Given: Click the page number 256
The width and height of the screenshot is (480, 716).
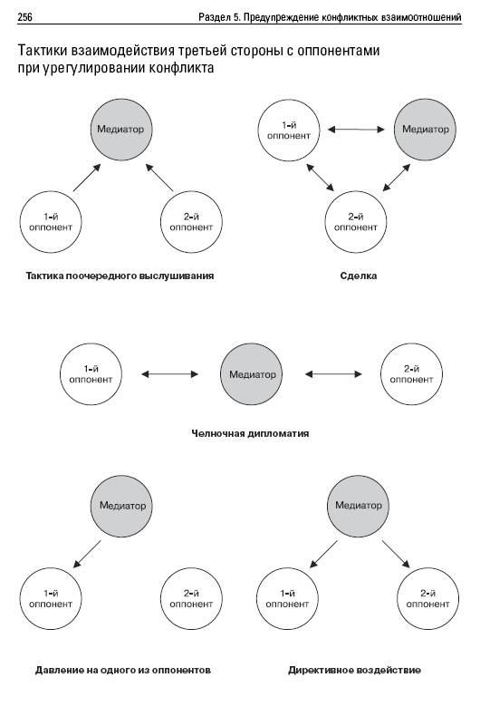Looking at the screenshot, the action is click(24, 18).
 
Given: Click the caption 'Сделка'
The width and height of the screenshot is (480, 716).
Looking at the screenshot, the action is click(358, 276).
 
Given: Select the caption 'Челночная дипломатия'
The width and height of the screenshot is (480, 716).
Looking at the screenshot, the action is click(250, 433).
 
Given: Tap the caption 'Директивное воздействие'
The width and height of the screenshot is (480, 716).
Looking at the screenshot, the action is click(354, 671).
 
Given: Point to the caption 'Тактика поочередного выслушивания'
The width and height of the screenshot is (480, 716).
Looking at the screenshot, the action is click(120, 276).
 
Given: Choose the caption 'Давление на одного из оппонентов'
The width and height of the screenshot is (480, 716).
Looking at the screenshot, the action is click(123, 671).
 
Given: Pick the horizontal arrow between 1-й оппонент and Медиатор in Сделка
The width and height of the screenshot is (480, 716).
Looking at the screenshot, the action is click(356, 130).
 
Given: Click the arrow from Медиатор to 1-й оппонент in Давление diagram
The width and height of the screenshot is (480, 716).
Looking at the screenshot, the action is click(87, 555).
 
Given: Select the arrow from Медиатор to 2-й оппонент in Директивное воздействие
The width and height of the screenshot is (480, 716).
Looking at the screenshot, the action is click(396, 555).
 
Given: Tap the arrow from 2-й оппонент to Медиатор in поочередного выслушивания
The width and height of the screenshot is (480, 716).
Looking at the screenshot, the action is click(159, 178).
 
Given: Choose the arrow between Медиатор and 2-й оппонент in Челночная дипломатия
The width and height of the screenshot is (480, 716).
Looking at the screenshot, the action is click(333, 374).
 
